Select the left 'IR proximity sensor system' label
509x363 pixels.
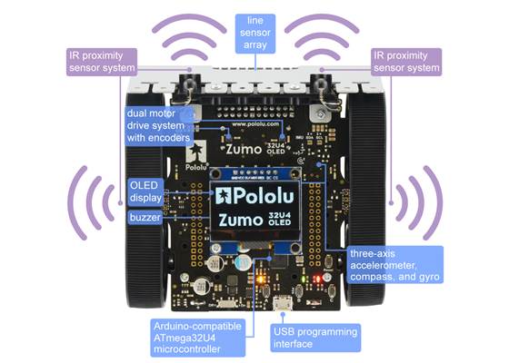click(102, 61)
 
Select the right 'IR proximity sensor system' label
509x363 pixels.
click(406, 61)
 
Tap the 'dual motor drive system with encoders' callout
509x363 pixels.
click(159, 124)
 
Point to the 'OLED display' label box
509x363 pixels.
click(144, 192)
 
